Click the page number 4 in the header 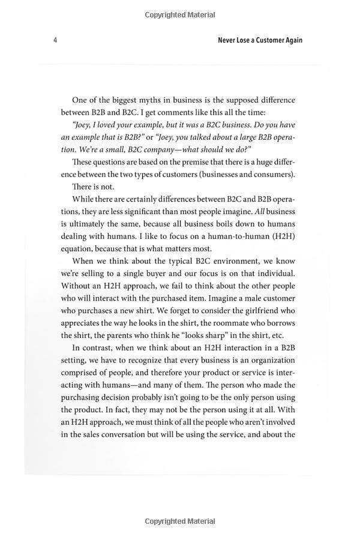coord(55,40)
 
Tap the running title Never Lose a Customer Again coord(260,40)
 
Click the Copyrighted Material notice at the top coord(180,13)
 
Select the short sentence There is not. coord(93,187)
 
